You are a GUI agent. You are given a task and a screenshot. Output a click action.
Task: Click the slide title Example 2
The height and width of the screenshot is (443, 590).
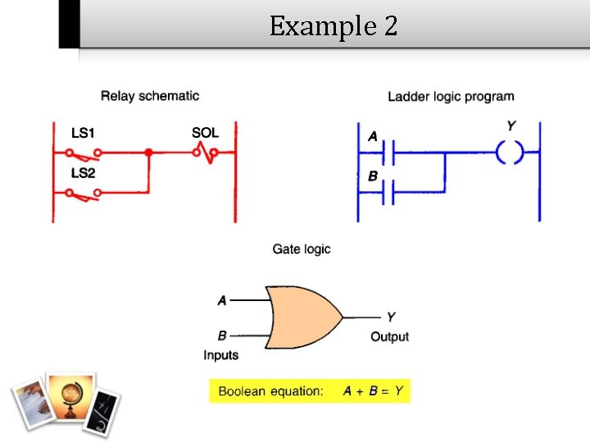[334, 26]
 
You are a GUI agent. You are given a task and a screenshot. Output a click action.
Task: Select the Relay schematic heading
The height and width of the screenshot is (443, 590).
[149, 96]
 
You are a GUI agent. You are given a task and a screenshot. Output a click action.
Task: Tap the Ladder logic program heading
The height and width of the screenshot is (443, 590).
[451, 97]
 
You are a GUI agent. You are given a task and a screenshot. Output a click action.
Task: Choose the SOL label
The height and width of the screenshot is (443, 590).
[205, 132]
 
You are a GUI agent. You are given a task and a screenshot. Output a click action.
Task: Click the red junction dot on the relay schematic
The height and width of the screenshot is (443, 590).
[148, 153]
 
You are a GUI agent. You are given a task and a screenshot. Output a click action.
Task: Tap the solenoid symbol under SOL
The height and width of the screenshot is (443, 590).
[205, 152]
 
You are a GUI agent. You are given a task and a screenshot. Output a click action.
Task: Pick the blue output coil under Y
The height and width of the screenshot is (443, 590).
[509, 153]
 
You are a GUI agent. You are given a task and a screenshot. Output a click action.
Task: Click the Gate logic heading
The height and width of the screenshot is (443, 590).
[302, 249]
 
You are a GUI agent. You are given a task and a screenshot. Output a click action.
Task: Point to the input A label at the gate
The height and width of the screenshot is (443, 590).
[222, 300]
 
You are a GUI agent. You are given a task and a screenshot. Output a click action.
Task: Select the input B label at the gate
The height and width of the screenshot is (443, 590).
[222, 335]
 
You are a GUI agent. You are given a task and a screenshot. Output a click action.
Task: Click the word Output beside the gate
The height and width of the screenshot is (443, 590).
[389, 336]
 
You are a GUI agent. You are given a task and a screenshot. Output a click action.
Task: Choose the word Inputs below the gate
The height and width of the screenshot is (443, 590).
[220, 355]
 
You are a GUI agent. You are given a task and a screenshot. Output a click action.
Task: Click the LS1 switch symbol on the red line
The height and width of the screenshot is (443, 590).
[84, 153]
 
